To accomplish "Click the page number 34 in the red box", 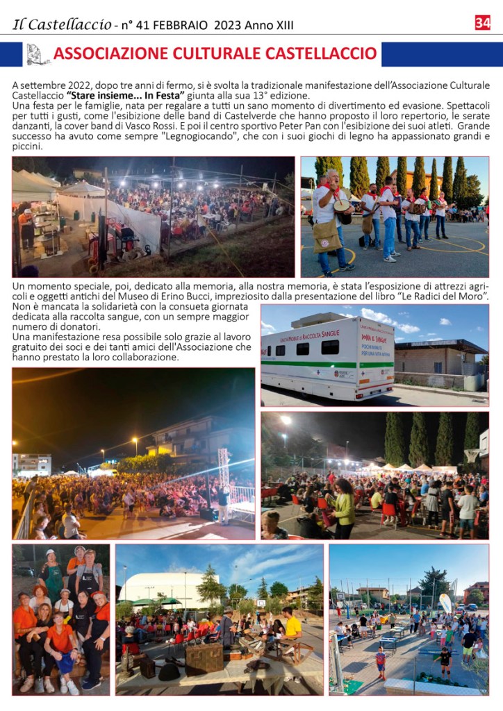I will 482,23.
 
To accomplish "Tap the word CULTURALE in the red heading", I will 211,54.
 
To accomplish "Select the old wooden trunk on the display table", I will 203,658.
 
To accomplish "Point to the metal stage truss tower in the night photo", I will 224,472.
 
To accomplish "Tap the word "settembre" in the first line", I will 41,85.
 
